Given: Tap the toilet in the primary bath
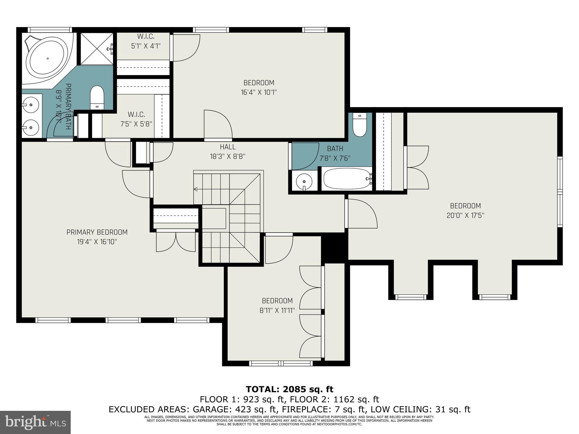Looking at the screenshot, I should click(x=97, y=97).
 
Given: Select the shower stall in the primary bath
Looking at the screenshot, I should click(x=97, y=49).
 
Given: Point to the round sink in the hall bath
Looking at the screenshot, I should click(x=304, y=182).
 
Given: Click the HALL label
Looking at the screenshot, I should click(x=228, y=147).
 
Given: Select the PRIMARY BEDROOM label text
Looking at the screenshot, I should click(x=97, y=232).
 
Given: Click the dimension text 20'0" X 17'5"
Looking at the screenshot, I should click(x=465, y=215).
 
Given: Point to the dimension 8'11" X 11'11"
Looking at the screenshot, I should click(x=277, y=310).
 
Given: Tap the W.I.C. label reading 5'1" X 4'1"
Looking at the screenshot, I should click(x=146, y=41).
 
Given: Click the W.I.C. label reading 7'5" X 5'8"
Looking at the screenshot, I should click(x=136, y=119).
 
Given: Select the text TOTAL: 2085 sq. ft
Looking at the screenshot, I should click(x=289, y=389).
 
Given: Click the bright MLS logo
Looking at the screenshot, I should click(x=35, y=422).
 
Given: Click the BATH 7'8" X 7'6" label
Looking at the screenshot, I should click(x=335, y=153).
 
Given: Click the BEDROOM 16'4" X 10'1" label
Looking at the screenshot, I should click(x=259, y=88).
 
